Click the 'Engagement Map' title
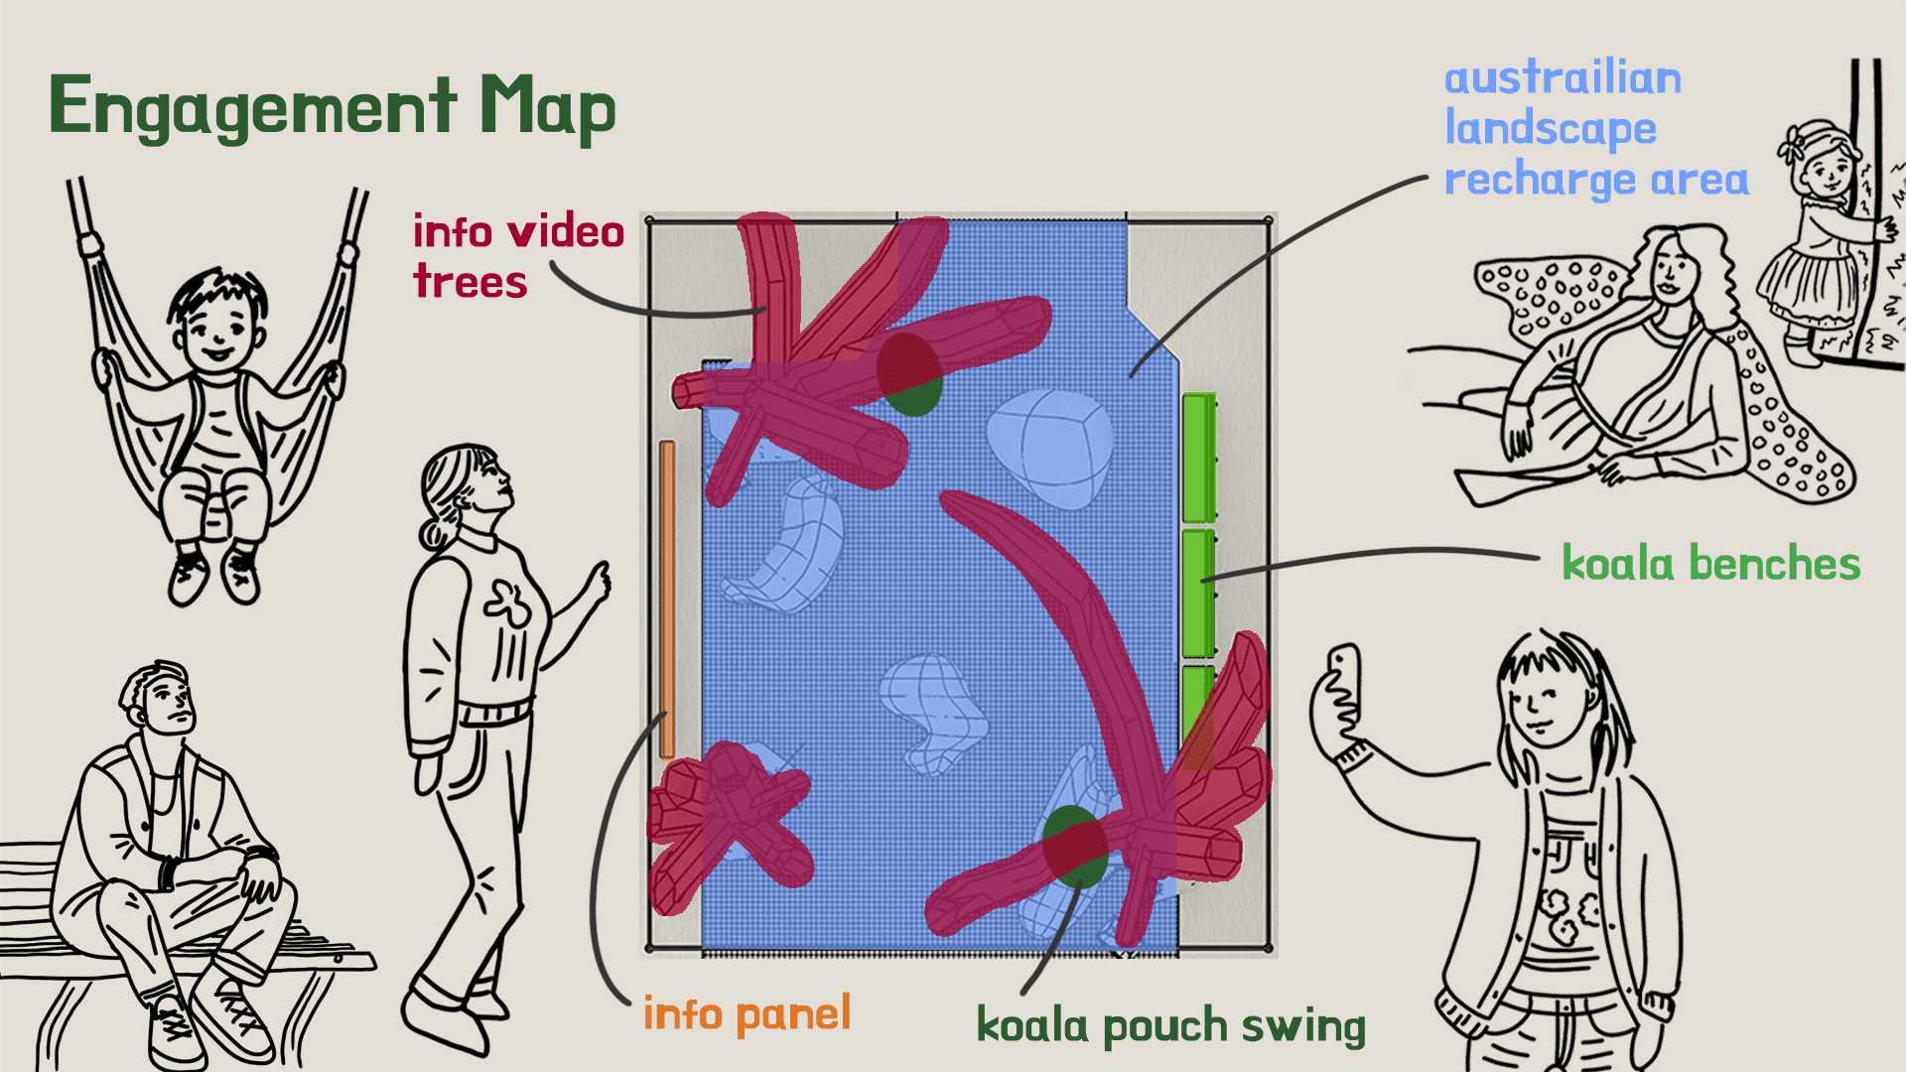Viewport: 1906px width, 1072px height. [332, 107]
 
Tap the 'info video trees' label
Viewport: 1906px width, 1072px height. [517, 256]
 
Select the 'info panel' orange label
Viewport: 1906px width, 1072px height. [747, 1014]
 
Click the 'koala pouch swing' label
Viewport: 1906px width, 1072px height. [1170, 1026]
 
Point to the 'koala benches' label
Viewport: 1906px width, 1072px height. [1710, 564]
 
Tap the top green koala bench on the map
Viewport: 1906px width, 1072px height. [1199, 458]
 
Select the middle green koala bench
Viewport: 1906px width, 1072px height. [1198, 593]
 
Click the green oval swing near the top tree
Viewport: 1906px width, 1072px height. [910, 375]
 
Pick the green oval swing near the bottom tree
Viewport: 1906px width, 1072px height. [1075, 847]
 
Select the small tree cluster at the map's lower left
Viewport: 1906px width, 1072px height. [730, 824]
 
